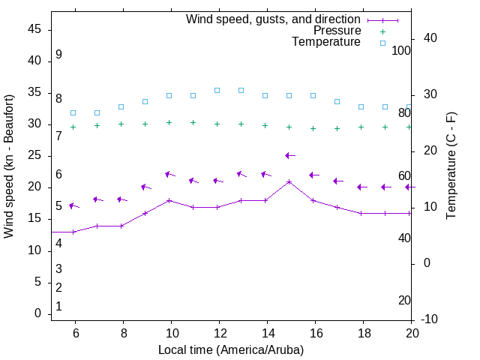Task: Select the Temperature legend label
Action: (x=326, y=42)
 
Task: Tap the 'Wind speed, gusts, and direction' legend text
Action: (x=274, y=19)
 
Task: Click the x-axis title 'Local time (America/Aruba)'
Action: (x=231, y=349)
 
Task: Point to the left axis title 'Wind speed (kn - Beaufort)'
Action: (x=9, y=166)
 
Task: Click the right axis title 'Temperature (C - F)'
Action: (x=451, y=166)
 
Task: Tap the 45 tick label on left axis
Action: (x=34, y=30)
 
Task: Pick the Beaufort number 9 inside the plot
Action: (x=58, y=55)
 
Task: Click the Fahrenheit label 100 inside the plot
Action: (x=401, y=50)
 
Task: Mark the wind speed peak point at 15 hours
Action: (x=289, y=182)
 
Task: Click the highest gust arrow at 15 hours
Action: (x=289, y=155)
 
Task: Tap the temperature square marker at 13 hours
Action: (x=241, y=90)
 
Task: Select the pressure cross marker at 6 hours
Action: (x=73, y=127)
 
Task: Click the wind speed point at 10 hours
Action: (x=169, y=201)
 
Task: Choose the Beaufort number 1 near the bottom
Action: (x=58, y=307)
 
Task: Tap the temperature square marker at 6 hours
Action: (x=73, y=112)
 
